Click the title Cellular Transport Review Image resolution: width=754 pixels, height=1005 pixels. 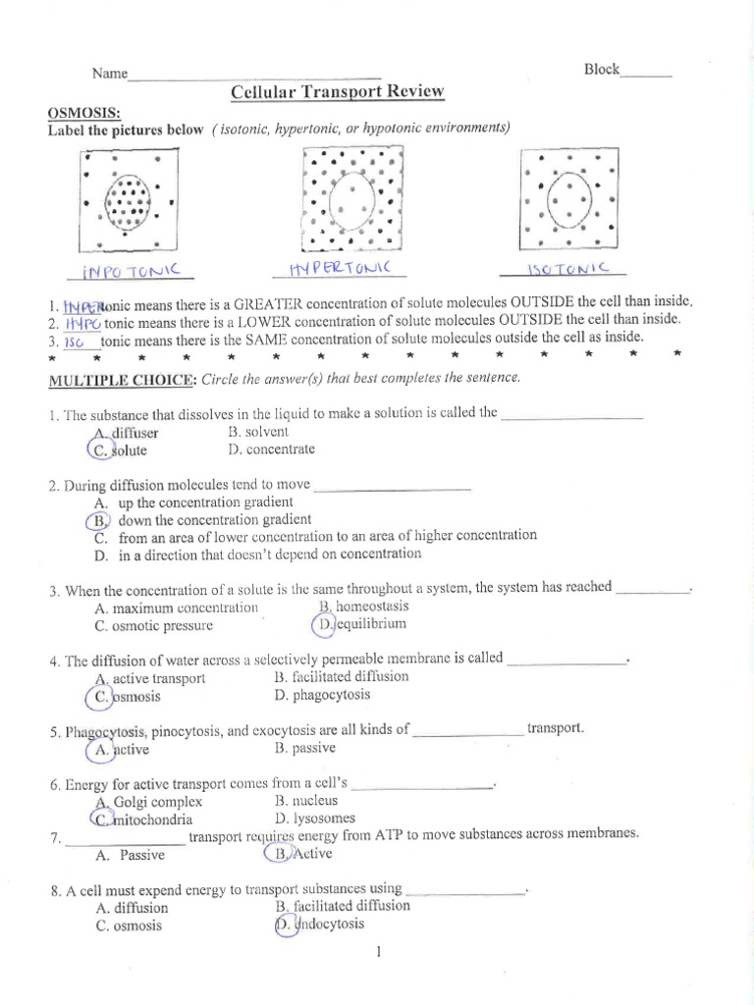(x=337, y=92)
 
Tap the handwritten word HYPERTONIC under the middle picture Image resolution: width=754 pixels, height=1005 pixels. (x=340, y=268)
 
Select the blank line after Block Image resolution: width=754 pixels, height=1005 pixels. (x=647, y=71)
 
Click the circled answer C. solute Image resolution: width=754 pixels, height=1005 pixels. (x=117, y=450)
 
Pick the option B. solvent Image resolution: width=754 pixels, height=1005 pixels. (x=259, y=431)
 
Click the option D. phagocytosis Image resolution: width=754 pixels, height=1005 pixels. (x=323, y=695)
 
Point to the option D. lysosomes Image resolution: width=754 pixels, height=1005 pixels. (x=315, y=818)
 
